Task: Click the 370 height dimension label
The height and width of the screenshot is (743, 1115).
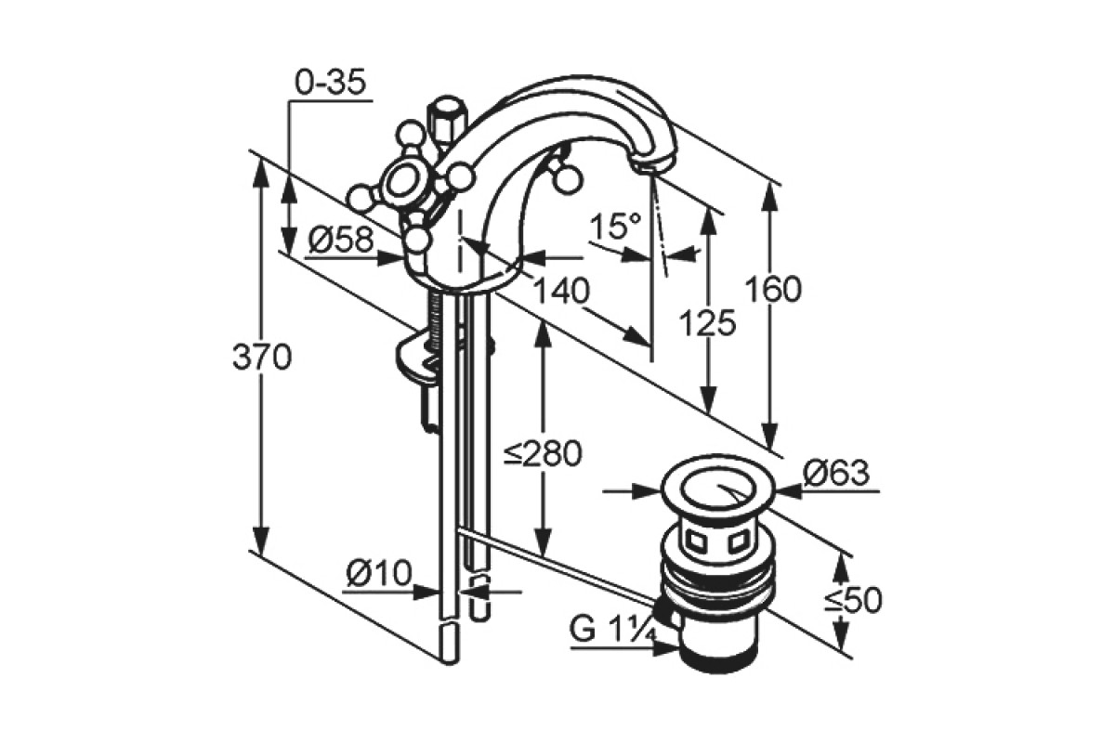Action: [x=262, y=357]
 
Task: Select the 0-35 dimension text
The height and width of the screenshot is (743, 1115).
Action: [x=331, y=82]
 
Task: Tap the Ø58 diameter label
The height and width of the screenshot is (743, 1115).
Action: [x=340, y=240]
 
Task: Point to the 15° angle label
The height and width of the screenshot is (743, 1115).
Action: [x=616, y=226]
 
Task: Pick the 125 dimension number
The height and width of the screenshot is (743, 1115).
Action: [x=707, y=322]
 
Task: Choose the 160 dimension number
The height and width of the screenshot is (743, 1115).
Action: [x=773, y=289]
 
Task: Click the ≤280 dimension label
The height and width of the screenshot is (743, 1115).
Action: [x=543, y=453]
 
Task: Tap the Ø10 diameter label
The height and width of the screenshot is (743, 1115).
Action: [x=379, y=573]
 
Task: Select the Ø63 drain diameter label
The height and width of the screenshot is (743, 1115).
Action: [x=837, y=473]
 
